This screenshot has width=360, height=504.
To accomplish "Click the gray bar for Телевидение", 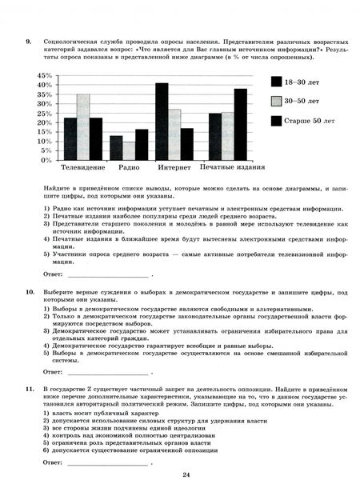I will point(82,127).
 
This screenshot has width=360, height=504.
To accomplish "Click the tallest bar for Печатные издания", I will point(240,124).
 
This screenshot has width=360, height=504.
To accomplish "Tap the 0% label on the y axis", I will point(46,160).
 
